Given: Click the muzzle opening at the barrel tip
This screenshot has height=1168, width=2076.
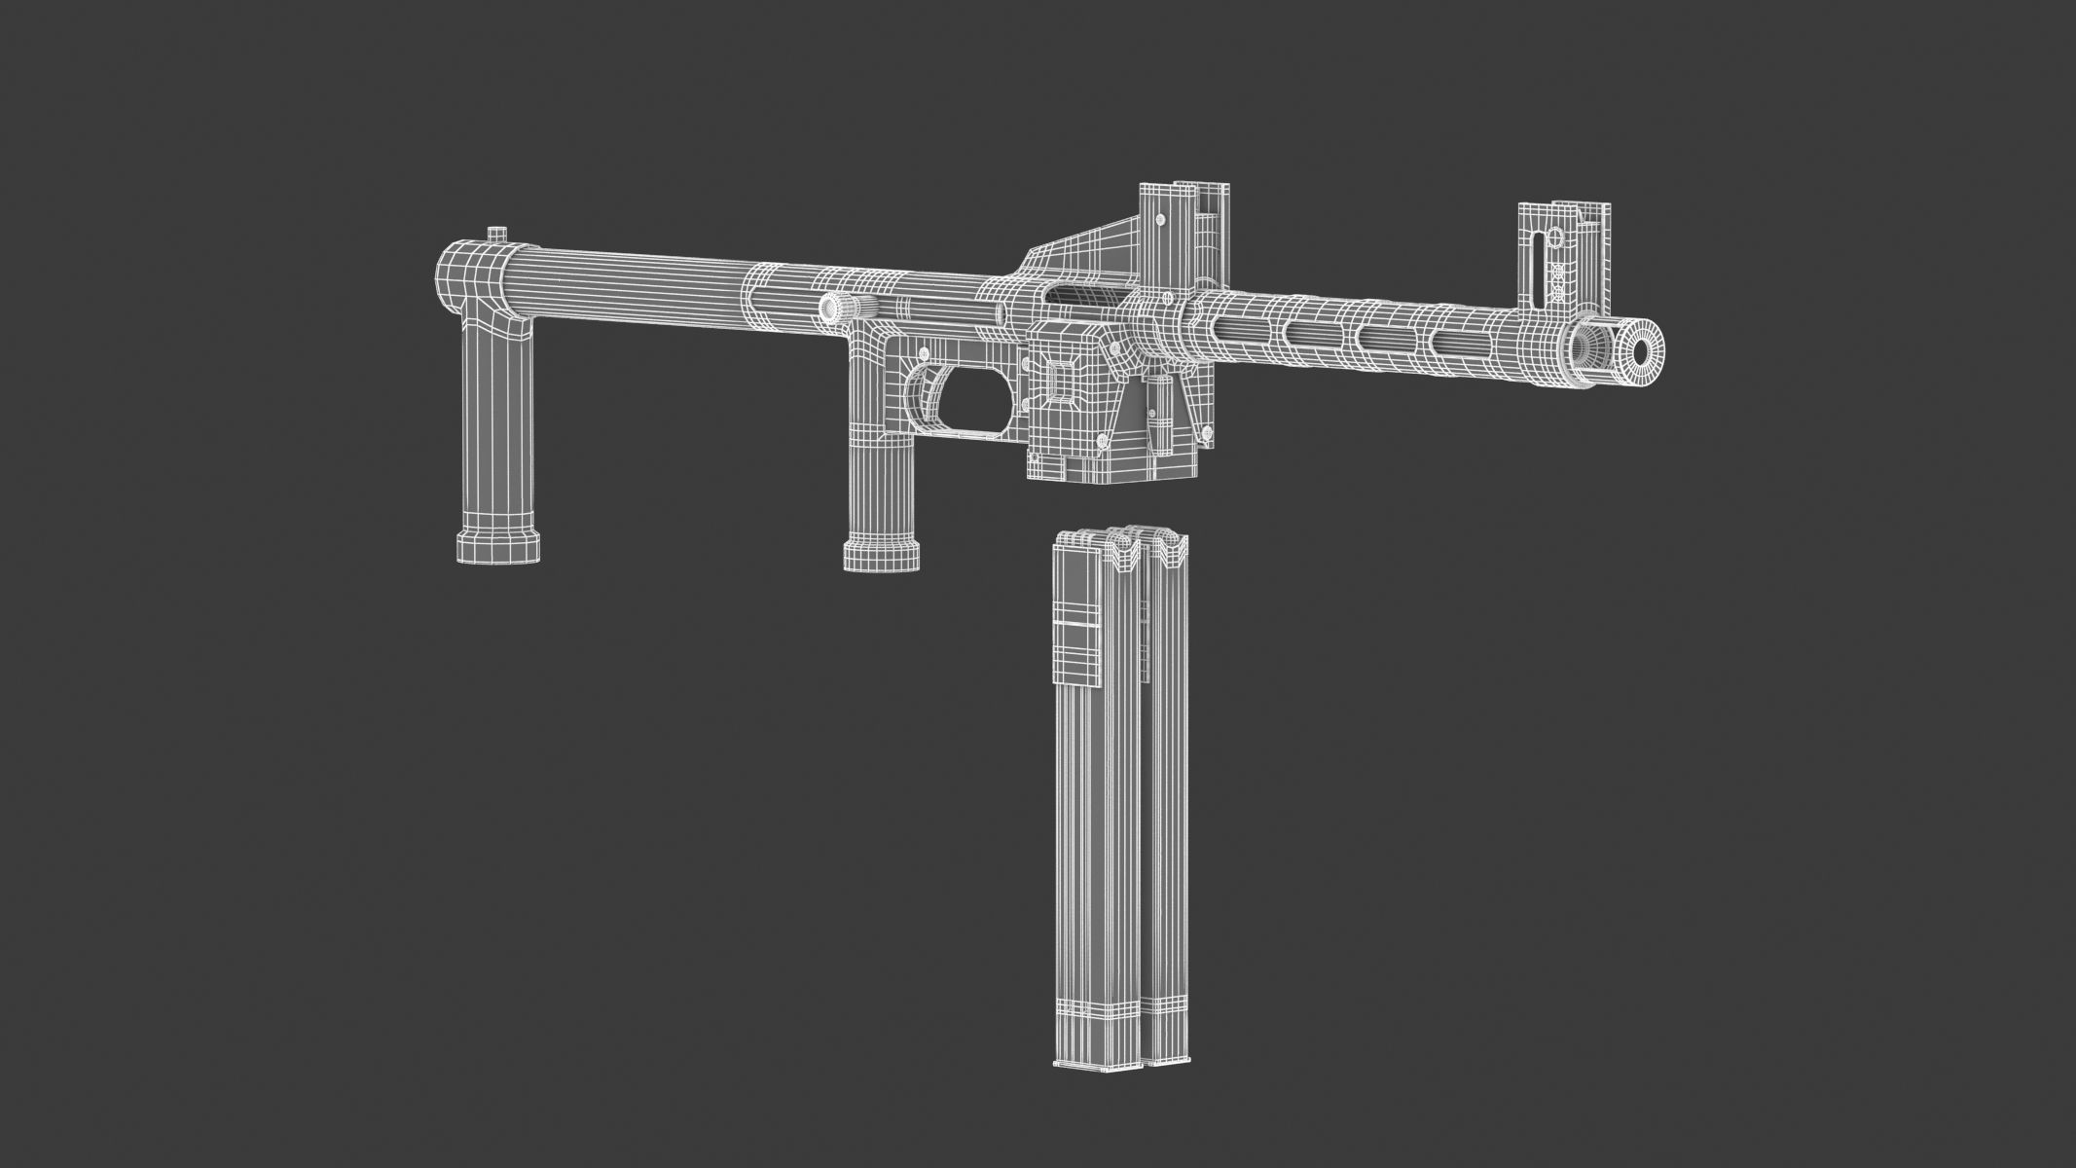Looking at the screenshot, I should (1642, 351).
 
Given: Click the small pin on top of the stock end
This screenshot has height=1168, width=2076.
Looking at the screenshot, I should (496, 235).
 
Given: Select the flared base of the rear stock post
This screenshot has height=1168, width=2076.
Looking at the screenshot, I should (497, 545).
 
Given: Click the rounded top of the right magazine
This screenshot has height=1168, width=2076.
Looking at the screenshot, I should (1164, 544).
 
